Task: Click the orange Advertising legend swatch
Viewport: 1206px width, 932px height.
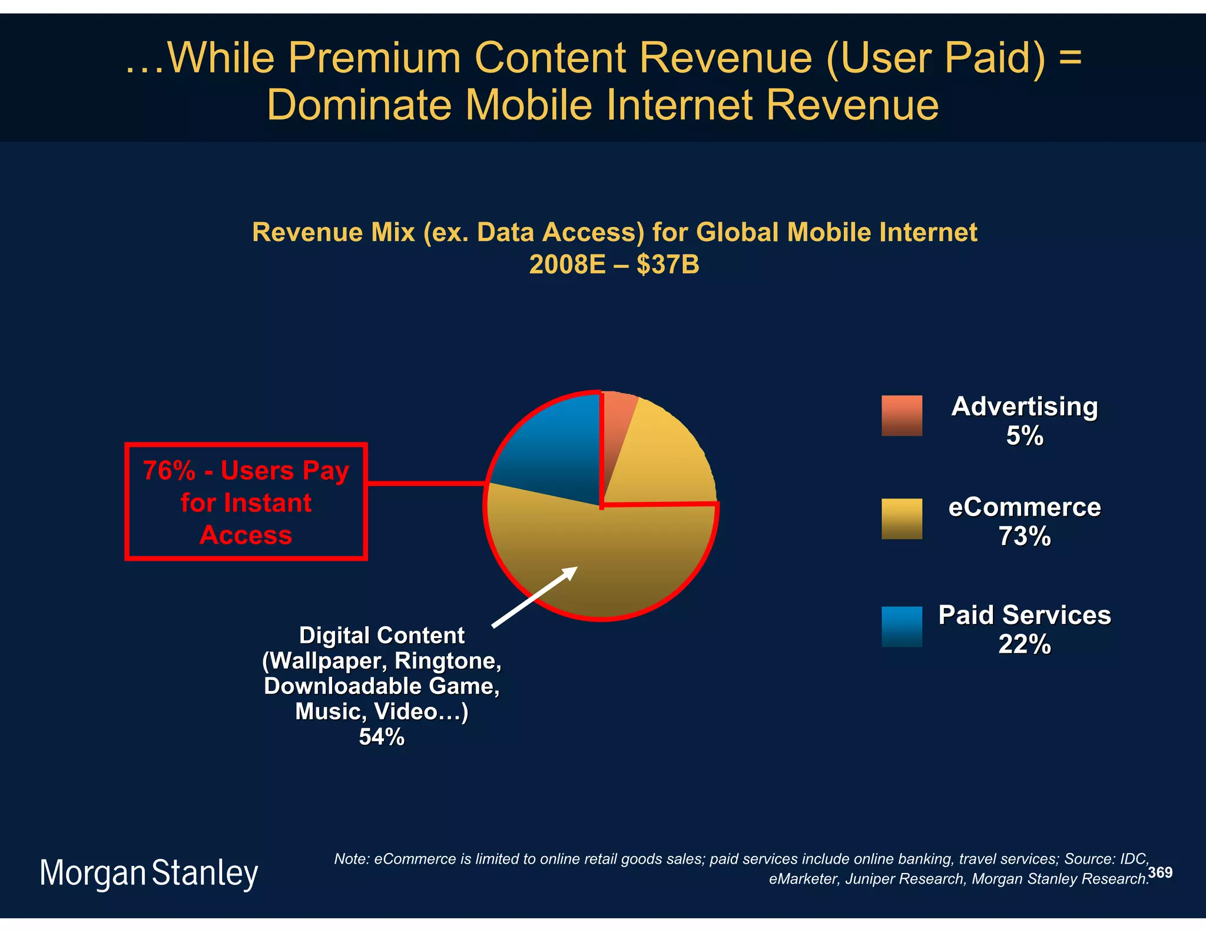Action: point(902,415)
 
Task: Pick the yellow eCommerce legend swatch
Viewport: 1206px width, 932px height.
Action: point(902,518)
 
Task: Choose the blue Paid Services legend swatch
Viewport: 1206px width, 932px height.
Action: point(902,626)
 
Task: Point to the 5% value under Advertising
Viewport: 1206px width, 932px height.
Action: point(1024,436)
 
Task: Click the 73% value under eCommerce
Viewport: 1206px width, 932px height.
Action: point(1024,537)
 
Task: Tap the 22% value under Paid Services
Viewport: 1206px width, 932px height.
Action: point(1024,645)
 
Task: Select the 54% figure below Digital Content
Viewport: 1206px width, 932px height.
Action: point(382,737)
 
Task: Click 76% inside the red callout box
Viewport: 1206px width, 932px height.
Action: point(169,471)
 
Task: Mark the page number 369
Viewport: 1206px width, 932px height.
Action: point(1160,872)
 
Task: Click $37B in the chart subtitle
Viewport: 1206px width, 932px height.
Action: point(668,265)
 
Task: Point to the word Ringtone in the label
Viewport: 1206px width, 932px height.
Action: point(448,661)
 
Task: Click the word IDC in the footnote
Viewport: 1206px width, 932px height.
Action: point(1134,859)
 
